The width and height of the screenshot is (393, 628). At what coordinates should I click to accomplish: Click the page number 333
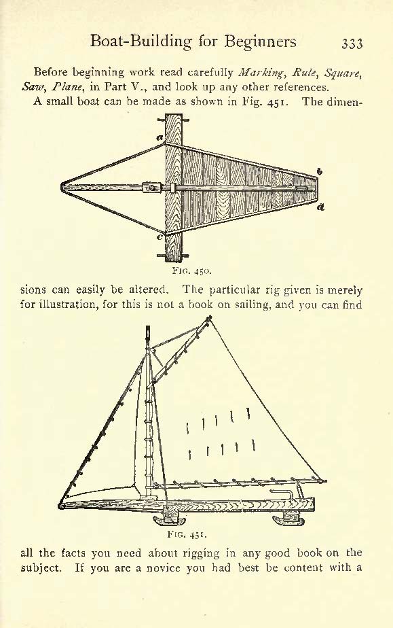coord(352,43)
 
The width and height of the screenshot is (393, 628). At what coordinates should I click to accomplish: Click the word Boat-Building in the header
coord(141,41)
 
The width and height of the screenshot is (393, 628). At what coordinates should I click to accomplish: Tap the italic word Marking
coord(261,73)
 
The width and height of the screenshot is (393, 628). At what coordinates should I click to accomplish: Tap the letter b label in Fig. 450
coord(320,171)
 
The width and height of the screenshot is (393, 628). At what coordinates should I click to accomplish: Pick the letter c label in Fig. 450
coord(160,237)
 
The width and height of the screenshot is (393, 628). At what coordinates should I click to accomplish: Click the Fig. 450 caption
coord(191,271)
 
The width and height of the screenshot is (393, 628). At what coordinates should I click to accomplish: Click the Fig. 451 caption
coord(187,534)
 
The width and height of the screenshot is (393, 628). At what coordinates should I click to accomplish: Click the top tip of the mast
coord(148,327)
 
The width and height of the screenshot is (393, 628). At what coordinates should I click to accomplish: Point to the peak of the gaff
coord(209,317)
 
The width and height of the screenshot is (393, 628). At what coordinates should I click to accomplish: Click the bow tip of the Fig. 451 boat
coord(60,506)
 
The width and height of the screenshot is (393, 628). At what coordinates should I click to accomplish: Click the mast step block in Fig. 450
coord(151,188)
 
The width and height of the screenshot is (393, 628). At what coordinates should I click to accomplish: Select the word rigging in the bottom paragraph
coord(201,554)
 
